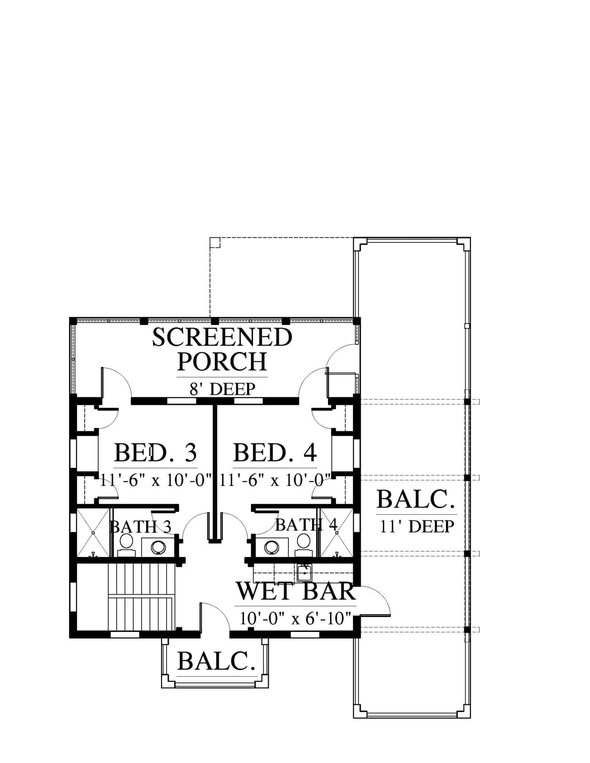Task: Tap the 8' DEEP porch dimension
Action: pyautogui.click(x=223, y=389)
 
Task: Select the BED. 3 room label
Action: pyautogui.click(x=155, y=452)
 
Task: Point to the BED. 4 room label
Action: pyautogui.click(x=275, y=452)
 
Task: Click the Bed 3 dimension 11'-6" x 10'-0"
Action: pyautogui.click(x=156, y=480)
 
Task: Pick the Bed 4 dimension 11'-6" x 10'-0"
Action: pyautogui.click(x=275, y=480)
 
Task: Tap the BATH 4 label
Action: pyautogui.click(x=306, y=525)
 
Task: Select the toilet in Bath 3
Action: pyautogui.click(x=127, y=545)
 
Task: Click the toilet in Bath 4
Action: pyautogui.click(x=304, y=545)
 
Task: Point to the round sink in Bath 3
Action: pyautogui.click(x=158, y=547)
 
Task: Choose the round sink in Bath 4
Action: pyautogui.click(x=271, y=547)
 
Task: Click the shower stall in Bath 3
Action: pyautogui.click(x=93, y=532)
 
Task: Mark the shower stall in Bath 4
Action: pyautogui.click(x=337, y=532)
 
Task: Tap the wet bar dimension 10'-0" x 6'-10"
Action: pyautogui.click(x=296, y=619)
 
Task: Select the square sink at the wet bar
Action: pyautogui.click(x=305, y=573)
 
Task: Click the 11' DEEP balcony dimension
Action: pyautogui.click(x=417, y=526)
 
